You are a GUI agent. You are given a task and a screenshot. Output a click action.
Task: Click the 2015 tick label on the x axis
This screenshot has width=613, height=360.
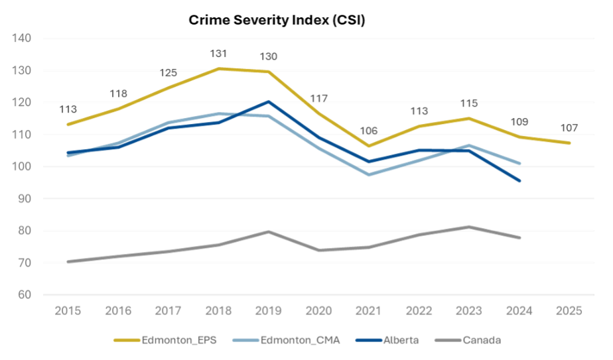68,311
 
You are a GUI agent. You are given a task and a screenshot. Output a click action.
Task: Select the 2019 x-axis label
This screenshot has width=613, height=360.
269,311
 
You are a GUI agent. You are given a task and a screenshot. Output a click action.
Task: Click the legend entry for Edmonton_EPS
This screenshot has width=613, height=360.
168,340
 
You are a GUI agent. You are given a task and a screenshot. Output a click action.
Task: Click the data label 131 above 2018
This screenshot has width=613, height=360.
219,54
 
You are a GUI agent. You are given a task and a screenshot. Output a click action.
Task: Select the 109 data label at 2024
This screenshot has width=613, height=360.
519,122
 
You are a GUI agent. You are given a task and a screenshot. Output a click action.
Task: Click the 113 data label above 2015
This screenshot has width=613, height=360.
68,109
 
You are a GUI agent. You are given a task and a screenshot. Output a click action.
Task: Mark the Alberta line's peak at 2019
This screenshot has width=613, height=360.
269,101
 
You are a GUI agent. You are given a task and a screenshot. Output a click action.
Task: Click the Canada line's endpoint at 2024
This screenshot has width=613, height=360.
519,237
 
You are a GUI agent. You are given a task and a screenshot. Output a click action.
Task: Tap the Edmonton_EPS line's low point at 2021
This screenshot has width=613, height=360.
369,147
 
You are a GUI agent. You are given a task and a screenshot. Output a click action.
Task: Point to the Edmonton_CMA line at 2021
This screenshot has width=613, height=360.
369,175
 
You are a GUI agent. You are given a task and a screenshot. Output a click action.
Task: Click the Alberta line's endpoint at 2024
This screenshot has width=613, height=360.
519,180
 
